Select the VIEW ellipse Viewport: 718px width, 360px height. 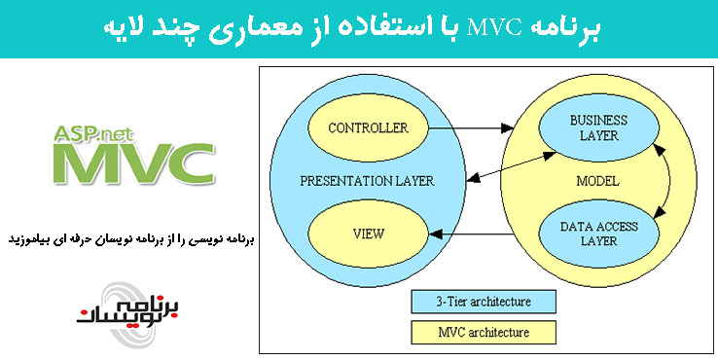click(x=369, y=234)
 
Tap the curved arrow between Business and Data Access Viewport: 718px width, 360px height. click(x=670, y=179)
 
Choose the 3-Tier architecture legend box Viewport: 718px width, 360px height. click(x=483, y=299)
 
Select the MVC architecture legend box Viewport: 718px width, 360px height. click(x=483, y=332)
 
